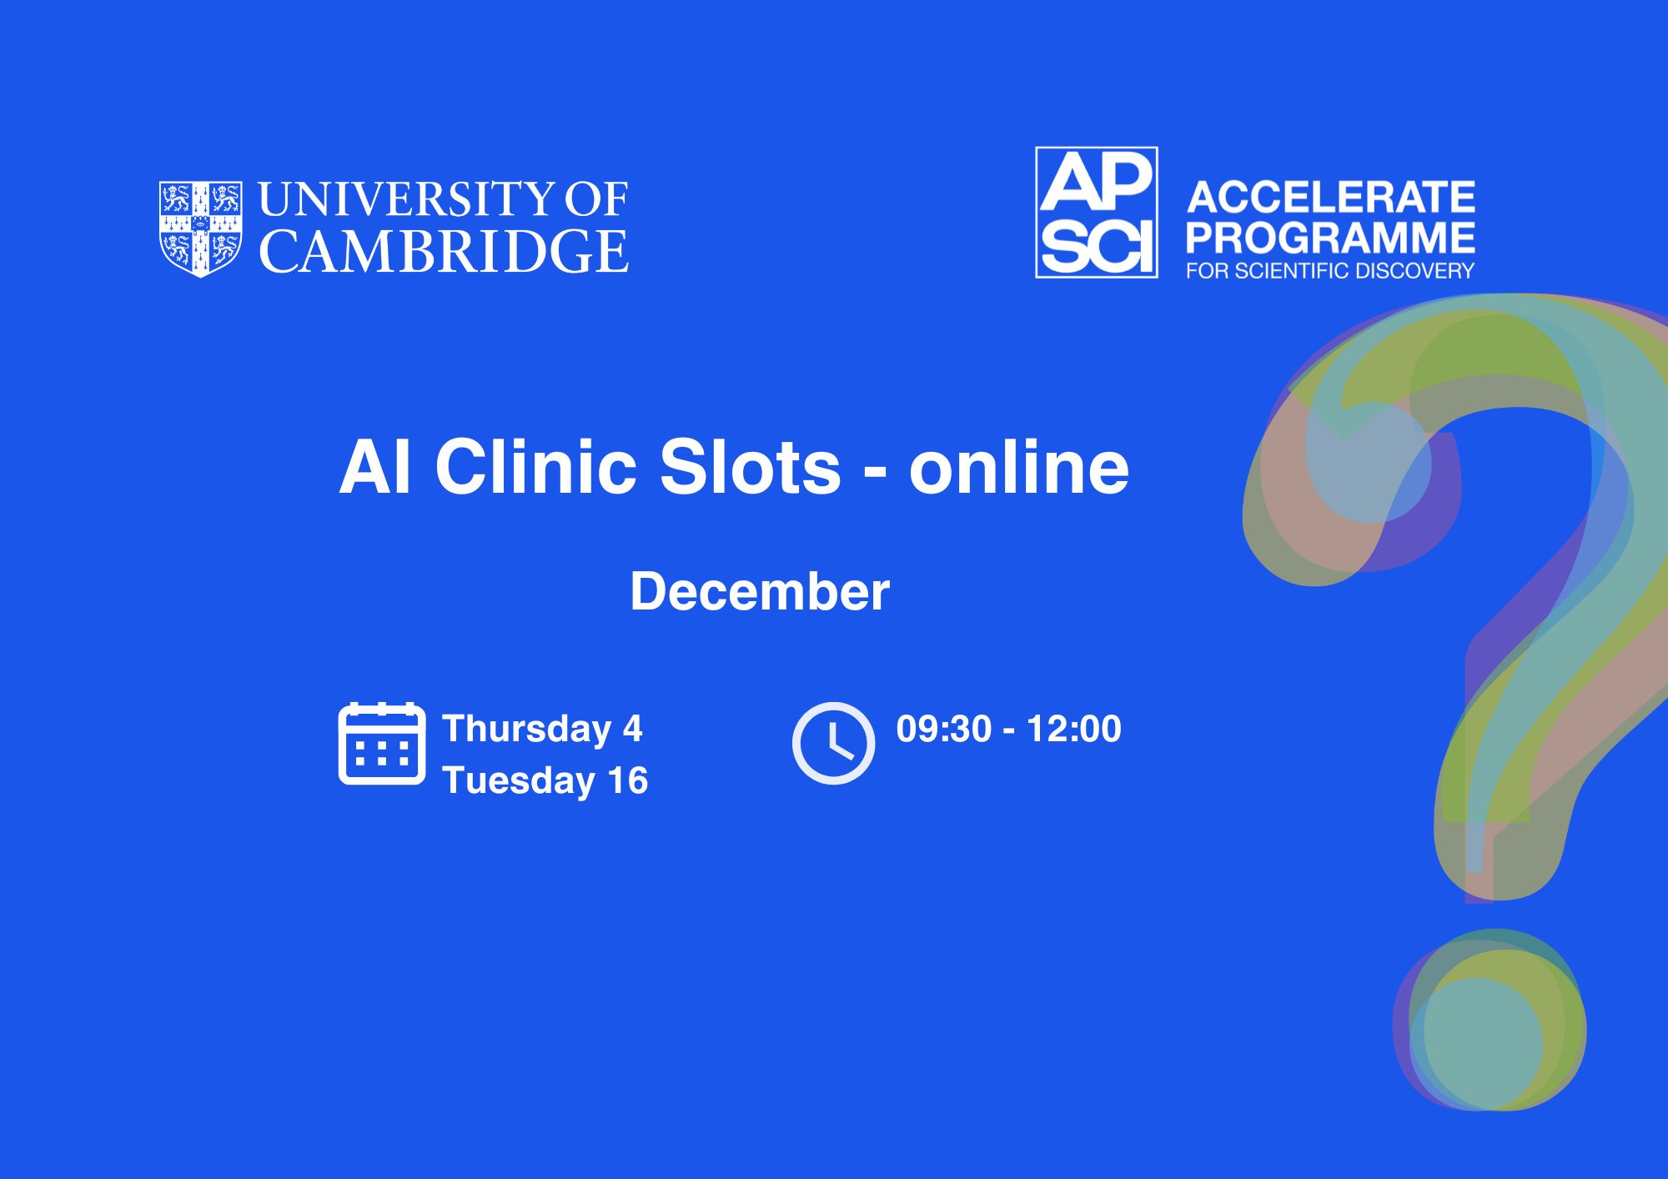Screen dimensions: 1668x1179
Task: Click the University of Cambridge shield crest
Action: (201, 228)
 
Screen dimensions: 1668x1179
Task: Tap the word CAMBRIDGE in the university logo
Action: (444, 251)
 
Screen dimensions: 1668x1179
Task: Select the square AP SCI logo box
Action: (1097, 212)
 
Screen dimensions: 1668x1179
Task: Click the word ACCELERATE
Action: (1331, 198)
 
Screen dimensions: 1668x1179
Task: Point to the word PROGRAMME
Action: (1330, 238)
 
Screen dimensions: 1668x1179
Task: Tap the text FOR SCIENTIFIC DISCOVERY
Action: (1330, 271)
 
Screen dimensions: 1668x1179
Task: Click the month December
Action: (760, 591)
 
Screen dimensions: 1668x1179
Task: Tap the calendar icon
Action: (382, 744)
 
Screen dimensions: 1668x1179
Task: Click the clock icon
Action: (833, 743)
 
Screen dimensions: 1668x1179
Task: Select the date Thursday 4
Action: (542, 729)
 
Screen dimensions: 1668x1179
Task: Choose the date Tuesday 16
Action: (545, 780)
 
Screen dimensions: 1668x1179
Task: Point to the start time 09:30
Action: (943, 729)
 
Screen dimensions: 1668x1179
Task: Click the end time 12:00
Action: (1074, 729)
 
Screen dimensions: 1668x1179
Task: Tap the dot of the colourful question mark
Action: (1490, 1020)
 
